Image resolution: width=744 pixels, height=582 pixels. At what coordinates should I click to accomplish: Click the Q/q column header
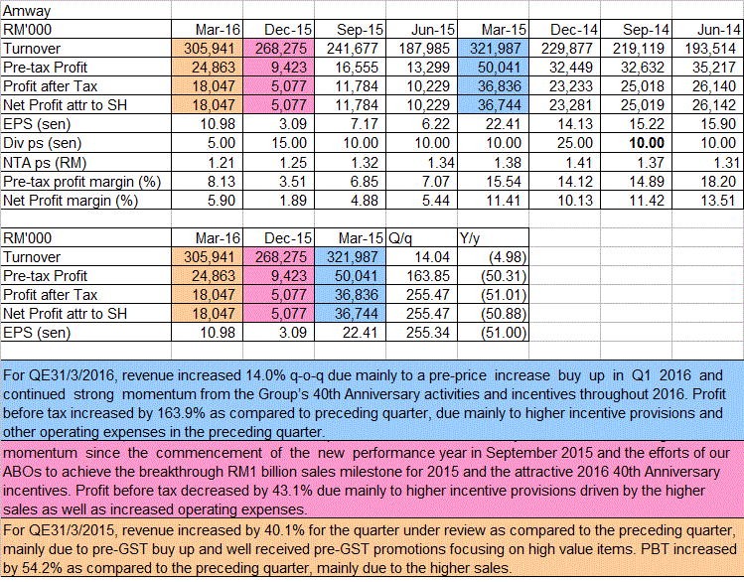click(404, 237)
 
